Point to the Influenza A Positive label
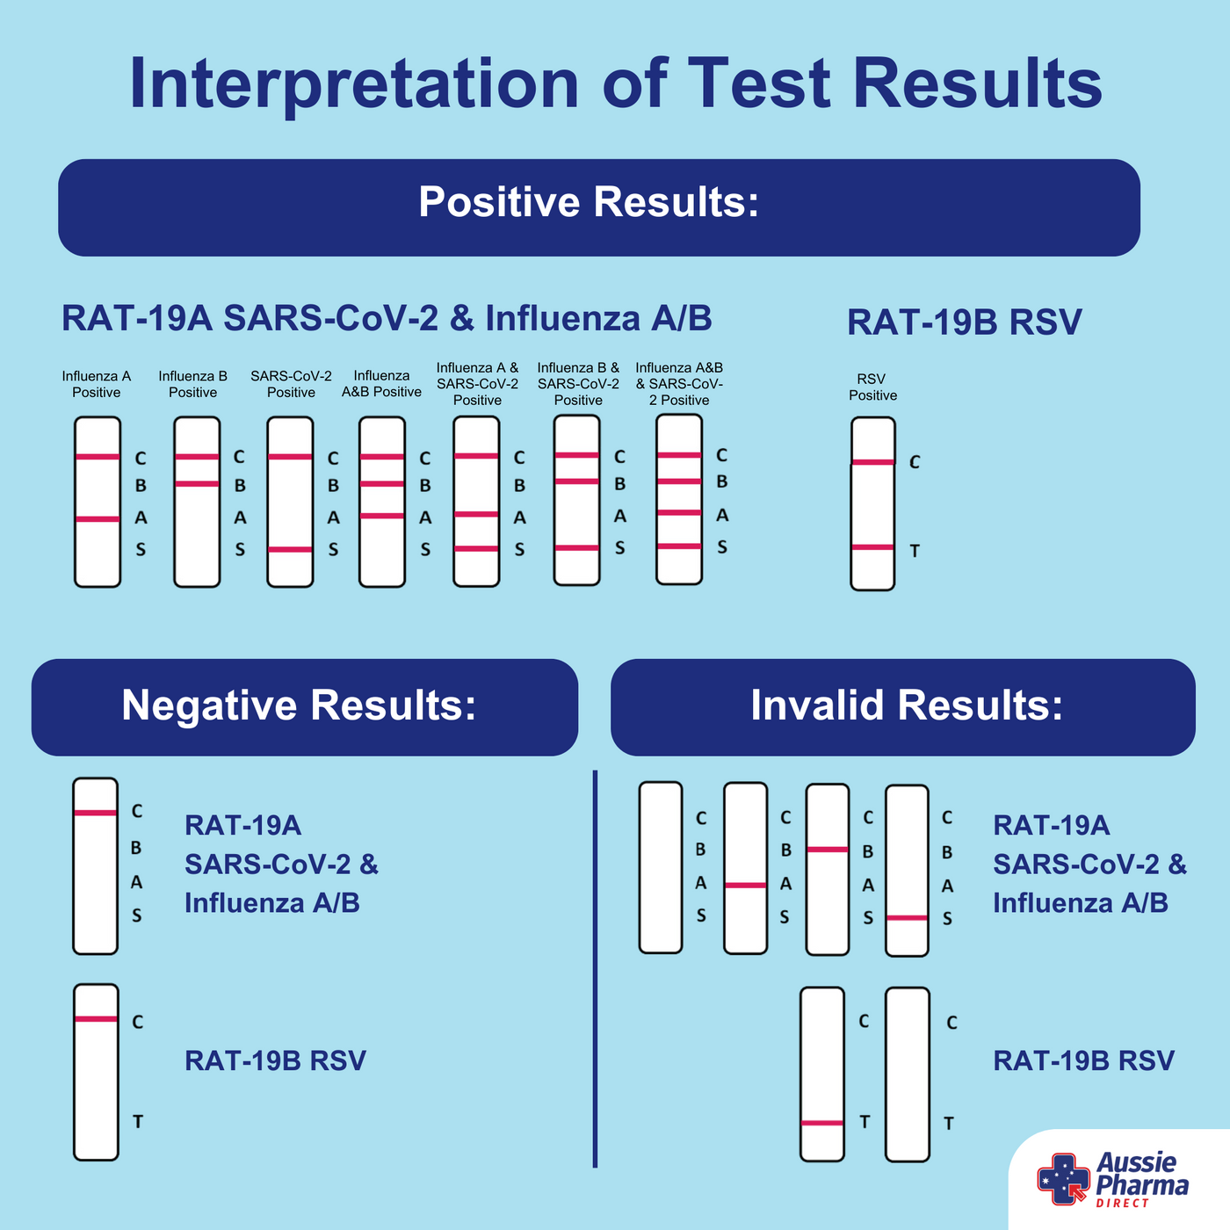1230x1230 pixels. pos(97,384)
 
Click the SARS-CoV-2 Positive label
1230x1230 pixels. pos(291,384)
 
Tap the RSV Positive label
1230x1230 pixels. pos(872,387)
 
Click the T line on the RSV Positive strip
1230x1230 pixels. pos(872,547)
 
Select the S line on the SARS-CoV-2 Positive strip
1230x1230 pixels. pos(290,549)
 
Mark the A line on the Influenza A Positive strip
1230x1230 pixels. pos(98,519)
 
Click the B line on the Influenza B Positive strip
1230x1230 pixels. pos(197,483)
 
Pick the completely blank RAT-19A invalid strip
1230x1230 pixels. pos(661,867)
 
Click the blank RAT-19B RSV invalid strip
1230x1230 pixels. pos(908,1074)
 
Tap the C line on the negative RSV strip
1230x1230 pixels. pos(96,1019)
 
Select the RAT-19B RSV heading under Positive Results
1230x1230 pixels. pos(964,322)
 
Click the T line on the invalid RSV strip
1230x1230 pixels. pos(822,1123)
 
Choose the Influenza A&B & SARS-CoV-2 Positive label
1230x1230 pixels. pos(679,384)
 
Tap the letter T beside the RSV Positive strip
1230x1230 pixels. pos(915,551)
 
